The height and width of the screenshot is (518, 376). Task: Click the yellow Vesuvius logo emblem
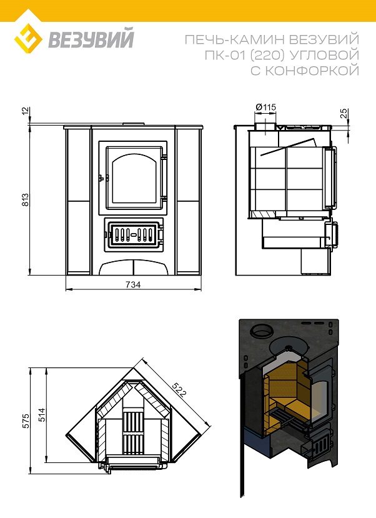coord(28,39)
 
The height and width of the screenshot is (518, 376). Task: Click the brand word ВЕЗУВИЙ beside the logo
coord(91,39)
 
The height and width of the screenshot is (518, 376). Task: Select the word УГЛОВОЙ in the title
coord(324,55)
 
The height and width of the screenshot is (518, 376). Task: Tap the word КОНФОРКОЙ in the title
coord(312,71)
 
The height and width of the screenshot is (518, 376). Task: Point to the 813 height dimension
coord(26,199)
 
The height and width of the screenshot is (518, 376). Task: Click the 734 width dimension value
coord(133,284)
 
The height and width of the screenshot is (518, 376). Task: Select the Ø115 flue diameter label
coord(265,107)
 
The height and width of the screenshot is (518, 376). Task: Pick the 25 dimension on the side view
coord(344,113)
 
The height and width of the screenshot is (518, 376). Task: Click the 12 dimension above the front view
coord(26,111)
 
